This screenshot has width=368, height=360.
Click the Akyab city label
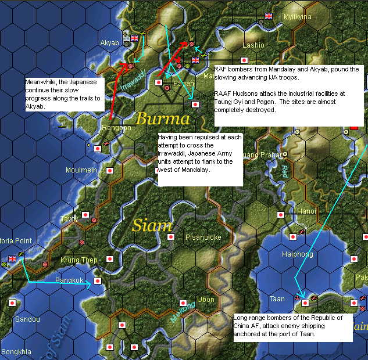[109, 43]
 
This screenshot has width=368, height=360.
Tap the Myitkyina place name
[296, 17]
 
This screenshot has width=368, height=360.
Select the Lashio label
[253, 45]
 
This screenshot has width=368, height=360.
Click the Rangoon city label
[116, 127]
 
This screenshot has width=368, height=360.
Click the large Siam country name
[152, 225]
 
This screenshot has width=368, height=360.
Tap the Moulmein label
[81, 170]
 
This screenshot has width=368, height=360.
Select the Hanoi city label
[306, 211]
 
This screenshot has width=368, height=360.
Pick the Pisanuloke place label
[203, 237]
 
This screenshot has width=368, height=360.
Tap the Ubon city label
[206, 300]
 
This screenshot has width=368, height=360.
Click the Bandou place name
[27, 319]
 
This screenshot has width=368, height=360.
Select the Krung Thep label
[78, 260]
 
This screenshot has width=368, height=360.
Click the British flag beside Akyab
[135, 38]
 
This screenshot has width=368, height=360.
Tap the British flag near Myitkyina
[269, 16]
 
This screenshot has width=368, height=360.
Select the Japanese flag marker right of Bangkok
[98, 281]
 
